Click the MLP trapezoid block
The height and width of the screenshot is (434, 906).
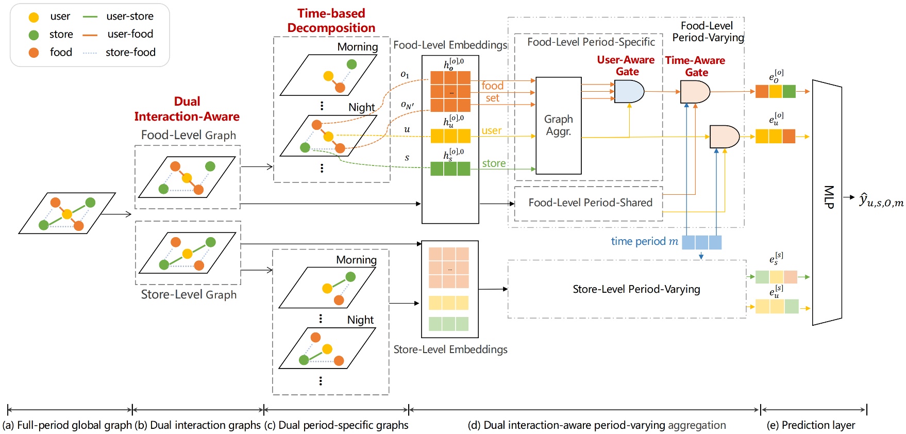[827, 202]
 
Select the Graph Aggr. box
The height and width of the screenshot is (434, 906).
[559, 125]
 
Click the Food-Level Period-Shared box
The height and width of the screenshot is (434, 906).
[590, 203]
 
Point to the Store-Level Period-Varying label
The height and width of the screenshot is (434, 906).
[636, 289]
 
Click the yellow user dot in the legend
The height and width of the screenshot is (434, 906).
[33, 17]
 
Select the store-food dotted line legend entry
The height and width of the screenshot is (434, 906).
[90, 53]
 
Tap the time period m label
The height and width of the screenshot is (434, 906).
[644, 241]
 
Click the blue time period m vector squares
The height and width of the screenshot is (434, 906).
[701, 242]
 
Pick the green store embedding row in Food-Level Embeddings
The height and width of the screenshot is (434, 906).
[450, 169]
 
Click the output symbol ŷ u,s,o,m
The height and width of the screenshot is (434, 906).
[881, 200]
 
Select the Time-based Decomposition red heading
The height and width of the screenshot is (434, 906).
[331, 21]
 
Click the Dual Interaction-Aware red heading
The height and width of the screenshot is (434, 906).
[187, 109]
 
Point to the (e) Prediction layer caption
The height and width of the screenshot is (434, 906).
[811, 425]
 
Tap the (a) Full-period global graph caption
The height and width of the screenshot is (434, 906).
[67, 425]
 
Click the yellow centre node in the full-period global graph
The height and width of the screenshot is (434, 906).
[66, 214]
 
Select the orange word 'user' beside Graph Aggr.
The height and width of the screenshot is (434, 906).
[491, 130]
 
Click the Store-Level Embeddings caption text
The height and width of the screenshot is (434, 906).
[450, 349]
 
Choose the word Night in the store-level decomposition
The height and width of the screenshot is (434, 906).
[360, 320]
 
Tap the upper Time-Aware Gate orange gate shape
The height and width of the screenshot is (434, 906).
[694, 92]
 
